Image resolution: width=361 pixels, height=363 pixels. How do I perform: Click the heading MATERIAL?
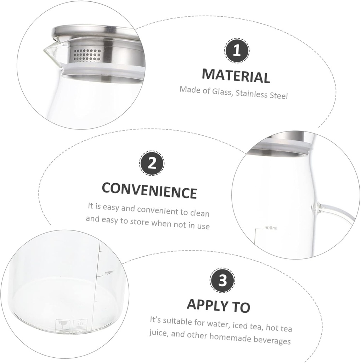pos(236,76)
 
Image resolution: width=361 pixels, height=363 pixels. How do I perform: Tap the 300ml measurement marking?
pos(109,272)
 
